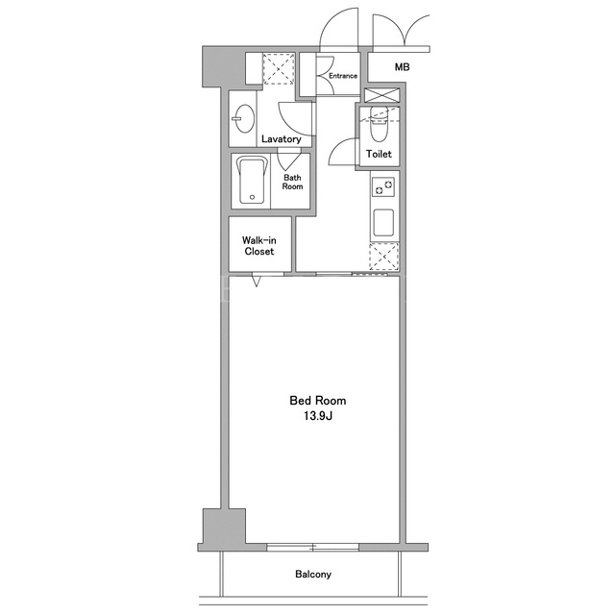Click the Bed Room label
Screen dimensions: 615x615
tap(318, 401)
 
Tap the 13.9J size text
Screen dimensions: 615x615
tap(318, 416)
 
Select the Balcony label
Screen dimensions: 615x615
tap(313, 575)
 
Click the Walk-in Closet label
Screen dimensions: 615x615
tap(258, 246)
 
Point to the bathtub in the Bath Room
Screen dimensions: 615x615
tap(252, 181)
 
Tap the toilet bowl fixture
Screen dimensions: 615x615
tap(379, 124)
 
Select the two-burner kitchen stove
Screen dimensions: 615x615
tap(383, 186)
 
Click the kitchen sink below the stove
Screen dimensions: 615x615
tap(383, 223)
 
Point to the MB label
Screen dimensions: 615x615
tap(402, 67)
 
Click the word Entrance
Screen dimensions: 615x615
tap(343, 76)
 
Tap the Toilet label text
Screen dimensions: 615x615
tap(379, 154)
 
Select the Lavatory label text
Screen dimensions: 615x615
tap(282, 138)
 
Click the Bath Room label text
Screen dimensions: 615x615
tap(292, 182)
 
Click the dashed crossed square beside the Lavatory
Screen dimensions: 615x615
tap(278, 69)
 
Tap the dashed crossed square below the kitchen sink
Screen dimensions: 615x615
tap(384, 257)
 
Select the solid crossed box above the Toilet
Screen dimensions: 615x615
tap(382, 96)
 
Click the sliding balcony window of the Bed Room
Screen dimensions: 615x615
tap(313, 547)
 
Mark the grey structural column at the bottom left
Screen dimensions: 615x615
tap(224, 527)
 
